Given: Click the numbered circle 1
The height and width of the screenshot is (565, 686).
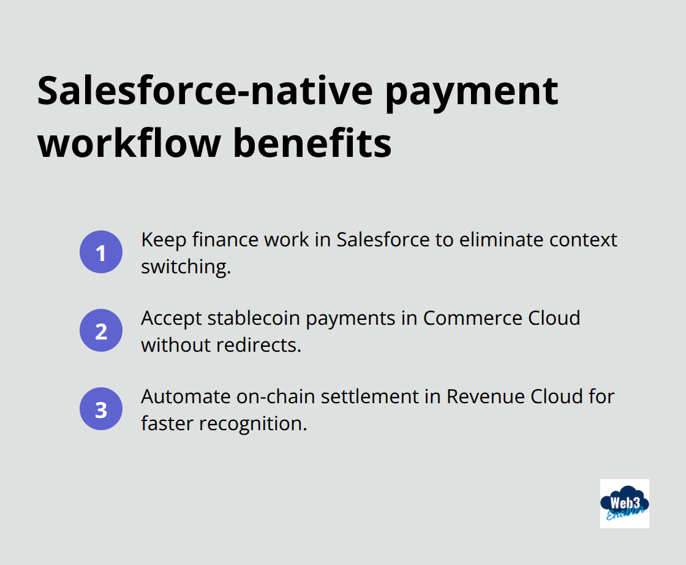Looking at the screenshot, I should [x=101, y=252].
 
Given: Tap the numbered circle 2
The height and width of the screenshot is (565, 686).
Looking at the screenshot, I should [x=101, y=331].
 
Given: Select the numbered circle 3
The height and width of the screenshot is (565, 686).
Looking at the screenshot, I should [x=101, y=409].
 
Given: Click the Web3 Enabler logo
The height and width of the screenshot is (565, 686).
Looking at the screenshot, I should [x=624, y=503].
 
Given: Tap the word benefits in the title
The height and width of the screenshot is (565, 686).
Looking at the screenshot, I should [x=323, y=143].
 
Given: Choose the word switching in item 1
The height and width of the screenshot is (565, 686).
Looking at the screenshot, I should [x=186, y=267].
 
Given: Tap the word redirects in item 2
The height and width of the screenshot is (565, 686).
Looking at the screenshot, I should [x=259, y=345].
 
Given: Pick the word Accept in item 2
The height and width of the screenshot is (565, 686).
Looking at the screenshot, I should [x=170, y=318].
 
